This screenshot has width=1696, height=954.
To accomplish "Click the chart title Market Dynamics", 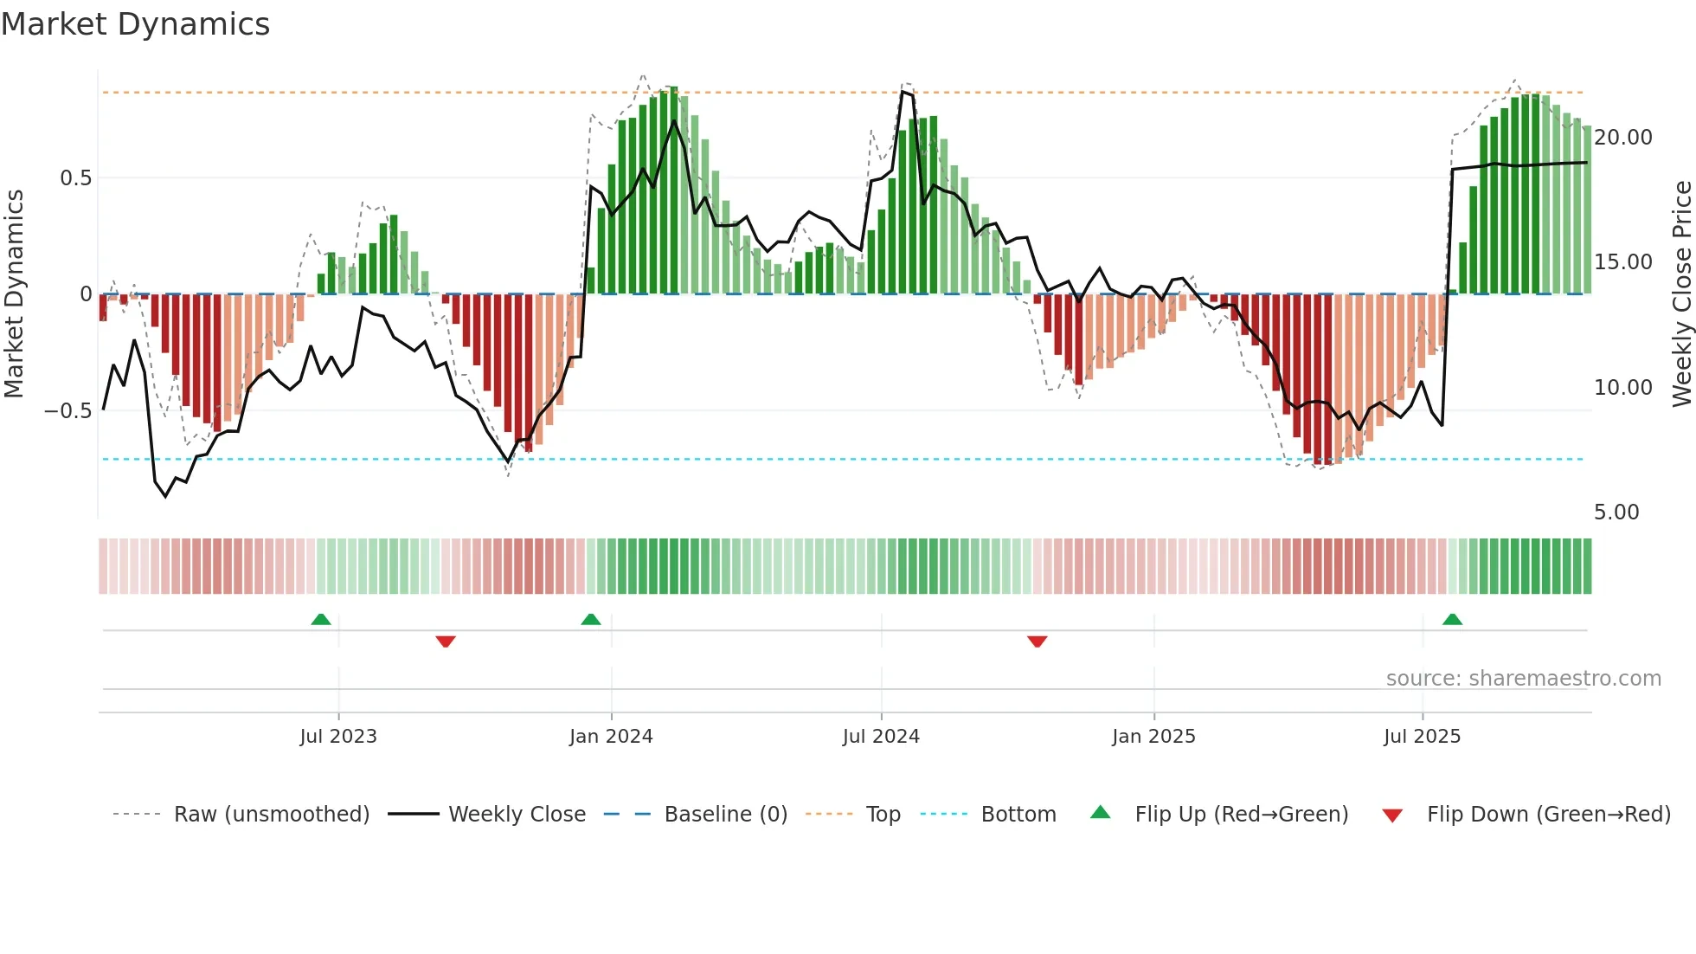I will point(135,24).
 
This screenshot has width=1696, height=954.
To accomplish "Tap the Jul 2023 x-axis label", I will point(338,737).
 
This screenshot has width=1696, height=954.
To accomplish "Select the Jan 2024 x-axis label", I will point(611,737).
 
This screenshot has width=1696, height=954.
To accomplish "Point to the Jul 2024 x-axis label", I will point(881,737).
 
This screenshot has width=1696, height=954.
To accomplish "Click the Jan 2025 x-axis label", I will point(1153,737).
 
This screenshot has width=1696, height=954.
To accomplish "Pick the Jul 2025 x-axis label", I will point(1422,737).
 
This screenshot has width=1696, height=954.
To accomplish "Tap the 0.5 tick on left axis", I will point(75,178).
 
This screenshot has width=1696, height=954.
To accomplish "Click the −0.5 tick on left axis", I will point(67,411).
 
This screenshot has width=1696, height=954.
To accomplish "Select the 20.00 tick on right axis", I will point(1622,138).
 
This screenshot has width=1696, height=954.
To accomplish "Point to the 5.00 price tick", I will point(1616,512).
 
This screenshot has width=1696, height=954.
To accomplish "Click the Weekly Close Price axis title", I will point(1681,294).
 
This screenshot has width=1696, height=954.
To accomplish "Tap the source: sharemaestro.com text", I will point(1523,679).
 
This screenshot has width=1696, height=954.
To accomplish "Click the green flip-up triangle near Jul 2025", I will point(1452,620).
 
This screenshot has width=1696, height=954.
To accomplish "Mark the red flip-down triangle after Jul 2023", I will point(446,641).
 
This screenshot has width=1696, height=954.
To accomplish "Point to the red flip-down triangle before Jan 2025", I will point(1037,641).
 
